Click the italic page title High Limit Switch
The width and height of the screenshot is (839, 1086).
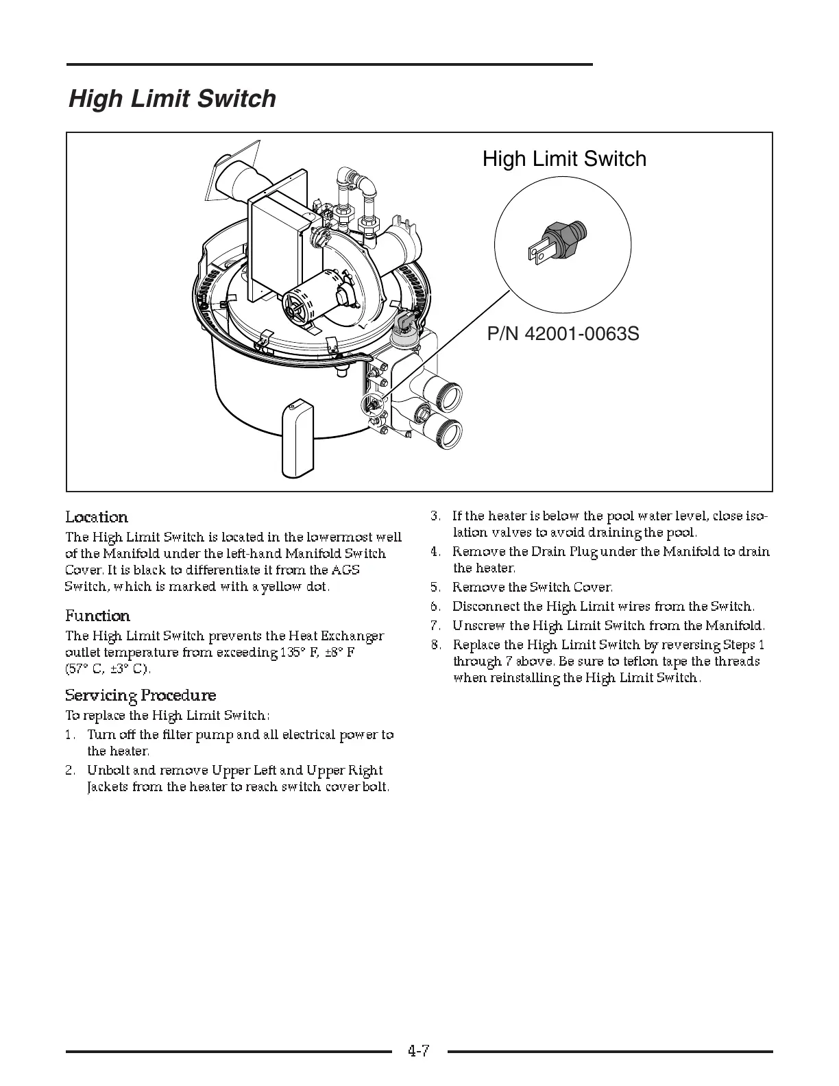172,99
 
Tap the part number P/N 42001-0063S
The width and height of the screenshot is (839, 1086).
563,334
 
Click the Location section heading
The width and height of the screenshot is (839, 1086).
97,517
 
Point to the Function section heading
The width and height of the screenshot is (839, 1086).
97,616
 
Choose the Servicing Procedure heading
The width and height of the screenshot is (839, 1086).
141,695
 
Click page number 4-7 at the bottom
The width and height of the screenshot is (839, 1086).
418,1050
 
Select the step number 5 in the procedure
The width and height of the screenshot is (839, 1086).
435,588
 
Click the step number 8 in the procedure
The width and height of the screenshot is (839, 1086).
435,645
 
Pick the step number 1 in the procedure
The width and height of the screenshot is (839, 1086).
70,735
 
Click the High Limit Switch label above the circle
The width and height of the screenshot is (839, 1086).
564,159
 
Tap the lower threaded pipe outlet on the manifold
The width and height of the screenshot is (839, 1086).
444,429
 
